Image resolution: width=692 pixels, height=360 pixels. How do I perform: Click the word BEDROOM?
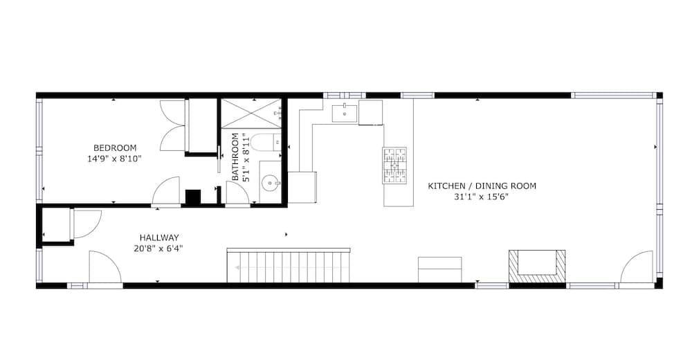(115, 147)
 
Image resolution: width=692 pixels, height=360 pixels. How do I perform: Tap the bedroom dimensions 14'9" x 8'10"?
(115, 159)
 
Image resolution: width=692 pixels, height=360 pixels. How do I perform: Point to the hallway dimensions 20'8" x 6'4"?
(158, 248)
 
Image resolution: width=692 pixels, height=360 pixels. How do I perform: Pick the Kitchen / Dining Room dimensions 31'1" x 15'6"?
(482, 197)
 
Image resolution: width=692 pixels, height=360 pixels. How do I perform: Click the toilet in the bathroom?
(264, 143)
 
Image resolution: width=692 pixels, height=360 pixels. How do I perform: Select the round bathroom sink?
(268, 183)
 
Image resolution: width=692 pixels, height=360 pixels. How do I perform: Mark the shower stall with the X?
(250, 112)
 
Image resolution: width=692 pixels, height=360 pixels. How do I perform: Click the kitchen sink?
(344, 112)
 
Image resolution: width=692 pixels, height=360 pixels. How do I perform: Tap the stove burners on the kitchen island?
(394, 166)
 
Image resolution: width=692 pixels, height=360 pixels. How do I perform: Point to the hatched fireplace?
(537, 266)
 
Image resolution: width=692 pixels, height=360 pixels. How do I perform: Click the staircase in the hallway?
(288, 266)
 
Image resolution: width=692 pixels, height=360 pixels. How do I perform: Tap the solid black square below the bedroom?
(192, 197)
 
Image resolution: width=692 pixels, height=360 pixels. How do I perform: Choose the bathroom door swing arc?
(237, 194)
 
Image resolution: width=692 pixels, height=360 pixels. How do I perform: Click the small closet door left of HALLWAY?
(85, 224)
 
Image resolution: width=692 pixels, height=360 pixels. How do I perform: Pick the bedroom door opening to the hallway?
(167, 192)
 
